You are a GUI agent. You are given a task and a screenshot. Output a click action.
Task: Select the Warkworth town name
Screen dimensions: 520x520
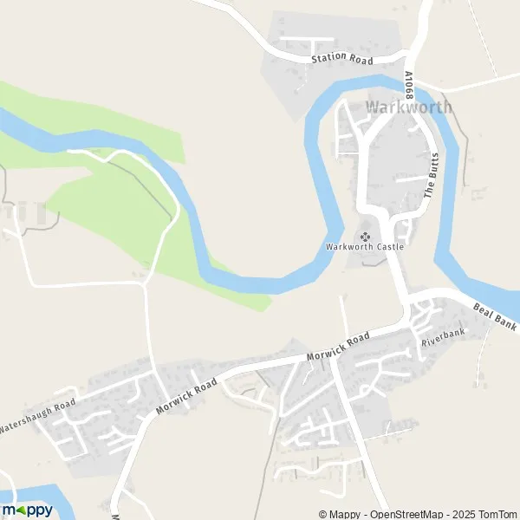click(408, 107)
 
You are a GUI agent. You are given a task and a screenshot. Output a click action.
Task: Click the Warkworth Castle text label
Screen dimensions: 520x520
click(365, 247)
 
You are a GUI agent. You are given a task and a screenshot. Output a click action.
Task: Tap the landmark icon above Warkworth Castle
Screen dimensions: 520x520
click(365, 236)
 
